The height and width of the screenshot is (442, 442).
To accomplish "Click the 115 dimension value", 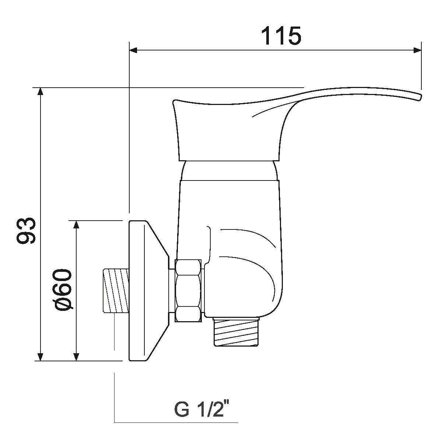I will [x=281, y=36].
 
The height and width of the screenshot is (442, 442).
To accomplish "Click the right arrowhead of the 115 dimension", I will [x=417, y=50].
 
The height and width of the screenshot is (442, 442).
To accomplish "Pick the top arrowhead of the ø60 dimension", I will [x=76, y=225].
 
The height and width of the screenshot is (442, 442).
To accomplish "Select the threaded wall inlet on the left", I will [x=115, y=291].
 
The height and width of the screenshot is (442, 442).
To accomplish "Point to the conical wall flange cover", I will [x=145, y=291].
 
